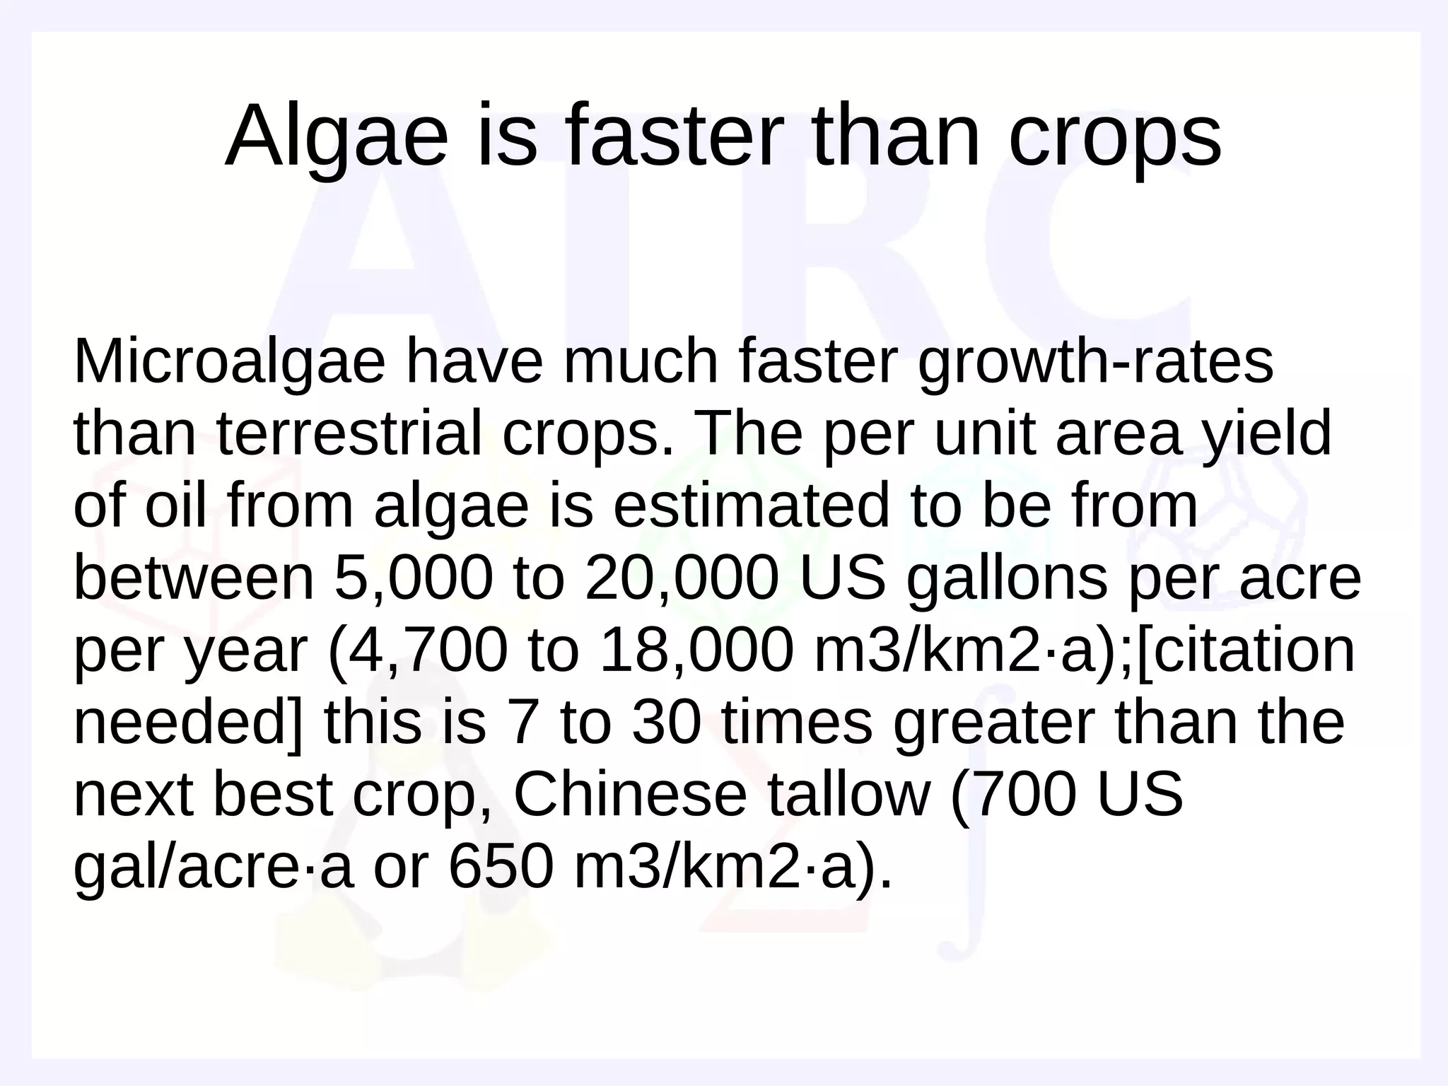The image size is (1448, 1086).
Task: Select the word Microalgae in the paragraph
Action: click(x=229, y=362)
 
